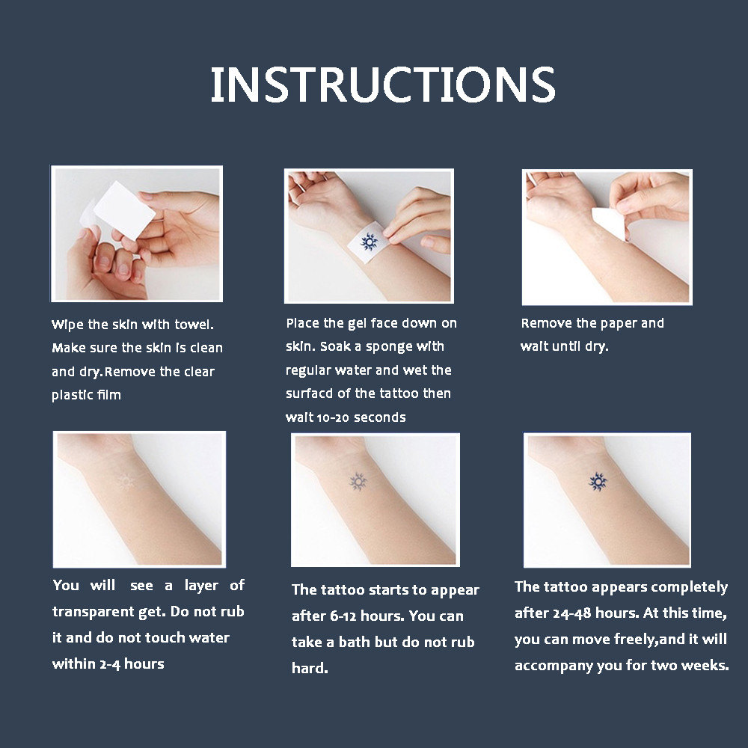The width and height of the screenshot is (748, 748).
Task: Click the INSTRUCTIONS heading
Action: pos(382,85)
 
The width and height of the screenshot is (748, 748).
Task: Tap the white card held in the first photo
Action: pos(125,210)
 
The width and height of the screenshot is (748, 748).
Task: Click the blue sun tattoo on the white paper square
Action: pos(369,242)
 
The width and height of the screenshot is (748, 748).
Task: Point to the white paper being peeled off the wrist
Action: pos(610,222)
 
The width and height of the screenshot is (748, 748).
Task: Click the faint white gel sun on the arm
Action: pos(126,482)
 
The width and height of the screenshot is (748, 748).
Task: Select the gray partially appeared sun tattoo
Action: pos(358,481)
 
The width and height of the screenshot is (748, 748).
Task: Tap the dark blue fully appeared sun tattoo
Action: pos(598,482)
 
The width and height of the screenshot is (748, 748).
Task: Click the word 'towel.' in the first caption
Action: pos(194,325)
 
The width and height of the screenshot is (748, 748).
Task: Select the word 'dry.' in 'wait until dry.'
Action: pos(597,347)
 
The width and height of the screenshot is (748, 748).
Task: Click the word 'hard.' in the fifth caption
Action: pos(310,668)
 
